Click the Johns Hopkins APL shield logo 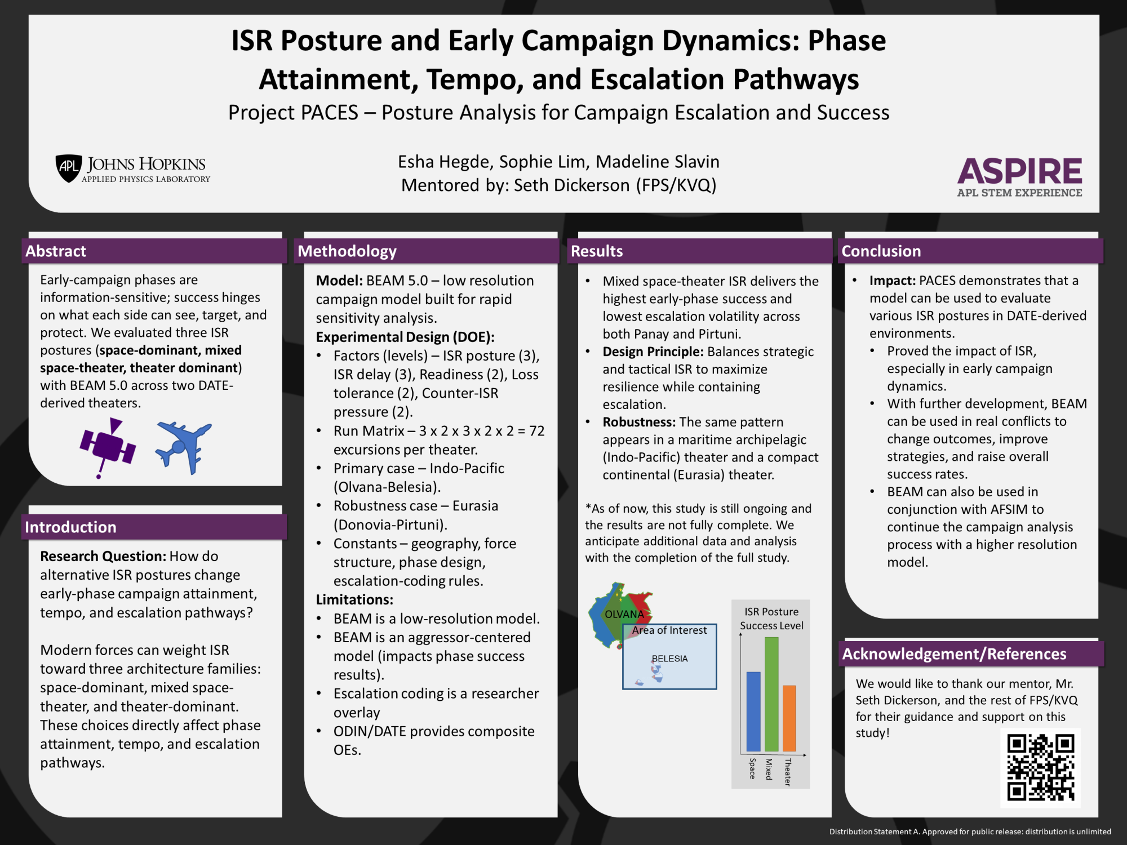tap(69, 168)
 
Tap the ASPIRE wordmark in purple tap(1019, 171)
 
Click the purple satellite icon tap(108, 447)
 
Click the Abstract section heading tap(56, 251)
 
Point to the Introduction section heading tap(70, 527)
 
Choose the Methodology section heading tap(347, 251)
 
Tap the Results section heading tap(597, 251)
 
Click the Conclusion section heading tap(881, 251)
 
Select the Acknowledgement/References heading tap(954, 653)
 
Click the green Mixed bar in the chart tap(771, 694)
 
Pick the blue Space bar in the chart tap(753, 711)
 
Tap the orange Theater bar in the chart tap(789, 718)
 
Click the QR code tap(1041, 767)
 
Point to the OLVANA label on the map tap(624, 614)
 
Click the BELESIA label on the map tap(669, 659)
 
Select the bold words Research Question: tap(103, 556)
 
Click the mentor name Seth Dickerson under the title tap(572, 185)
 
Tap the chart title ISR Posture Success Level tap(771, 619)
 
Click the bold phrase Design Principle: tap(653, 352)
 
